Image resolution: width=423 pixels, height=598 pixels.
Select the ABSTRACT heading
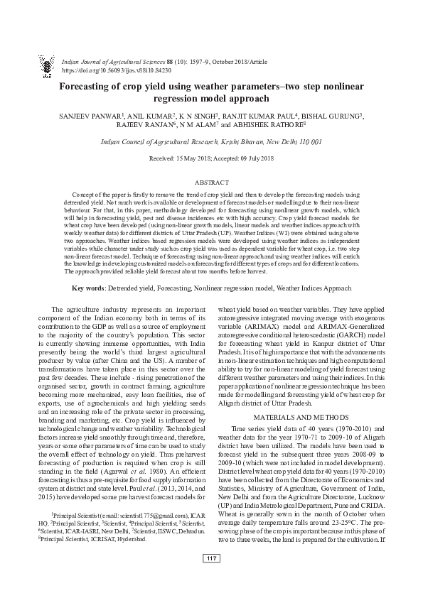211,183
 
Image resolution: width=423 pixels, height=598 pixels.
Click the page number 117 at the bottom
211,577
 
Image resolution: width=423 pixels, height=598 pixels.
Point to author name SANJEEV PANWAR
89,115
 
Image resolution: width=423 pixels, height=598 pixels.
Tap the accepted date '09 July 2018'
258,158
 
